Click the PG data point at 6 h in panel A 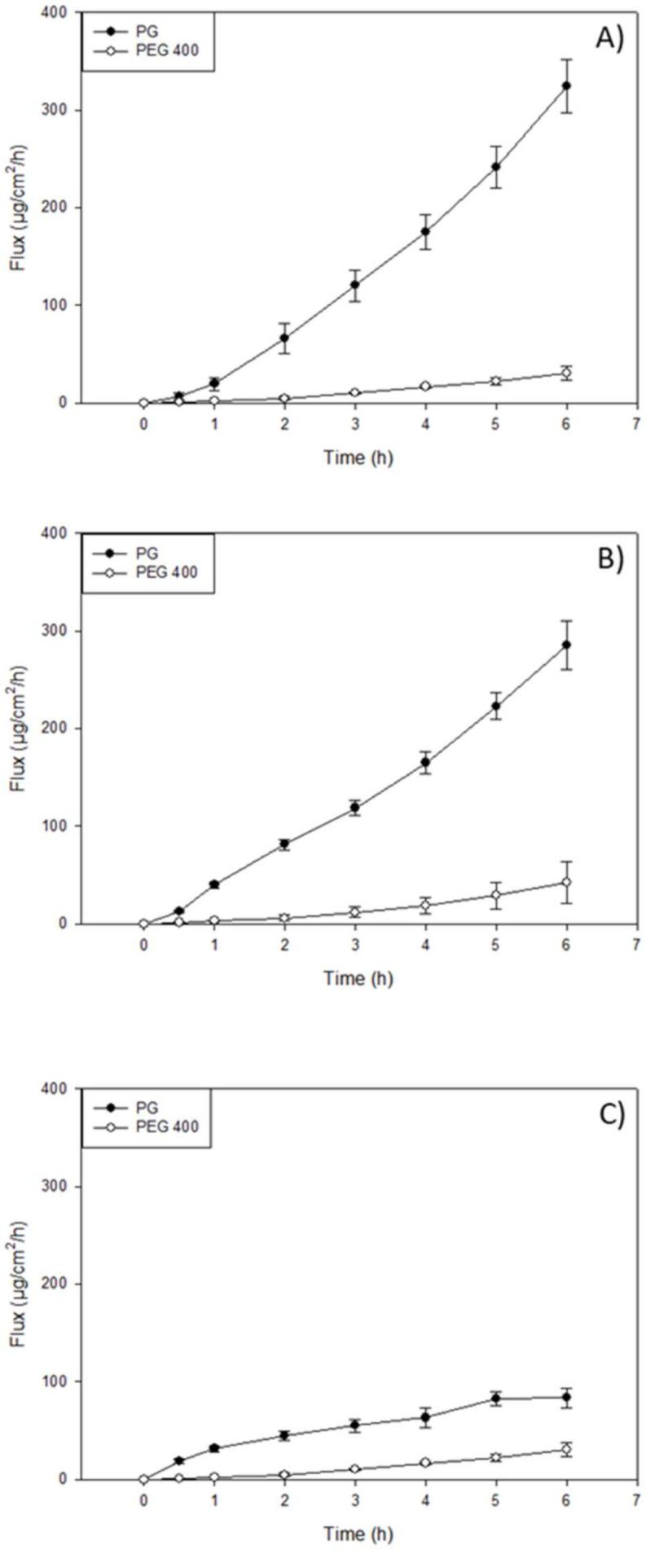(x=566, y=85)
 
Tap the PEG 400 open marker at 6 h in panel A (x=566, y=373)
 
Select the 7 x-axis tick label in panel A (x=636, y=422)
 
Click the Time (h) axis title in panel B (x=358, y=978)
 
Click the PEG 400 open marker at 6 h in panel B (x=566, y=882)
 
